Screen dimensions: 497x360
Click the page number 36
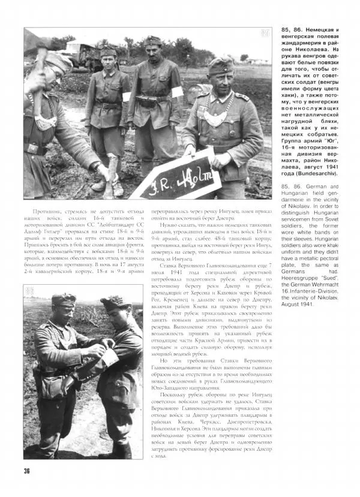(x=27, y=470)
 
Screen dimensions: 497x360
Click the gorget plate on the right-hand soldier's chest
(x=215, y=116)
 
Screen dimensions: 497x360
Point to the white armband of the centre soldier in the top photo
(x=178, y=92)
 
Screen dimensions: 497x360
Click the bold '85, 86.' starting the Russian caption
(x=293, y=30)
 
